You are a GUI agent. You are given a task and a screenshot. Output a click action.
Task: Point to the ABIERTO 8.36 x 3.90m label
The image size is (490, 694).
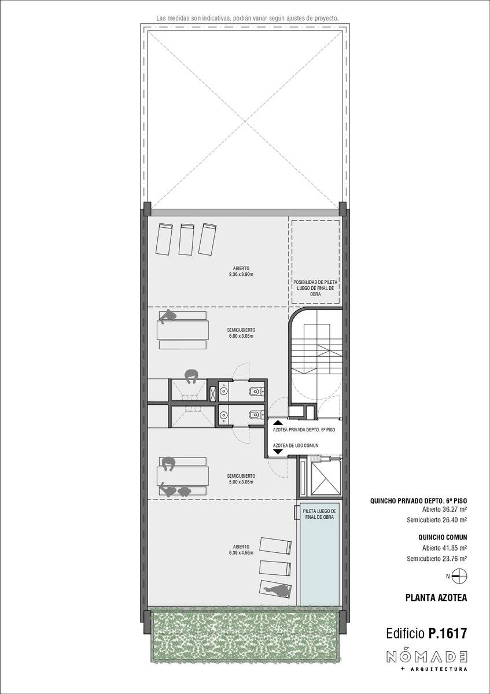point(241,271)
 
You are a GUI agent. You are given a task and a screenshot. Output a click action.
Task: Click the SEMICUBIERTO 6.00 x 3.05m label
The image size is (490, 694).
point(241,333)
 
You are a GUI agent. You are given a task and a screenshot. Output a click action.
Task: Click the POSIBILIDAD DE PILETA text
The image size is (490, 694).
point(315,282)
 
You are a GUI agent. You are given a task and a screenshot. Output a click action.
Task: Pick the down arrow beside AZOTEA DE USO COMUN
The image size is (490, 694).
point(278,452)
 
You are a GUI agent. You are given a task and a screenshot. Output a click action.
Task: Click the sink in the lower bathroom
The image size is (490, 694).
point(223,414)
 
